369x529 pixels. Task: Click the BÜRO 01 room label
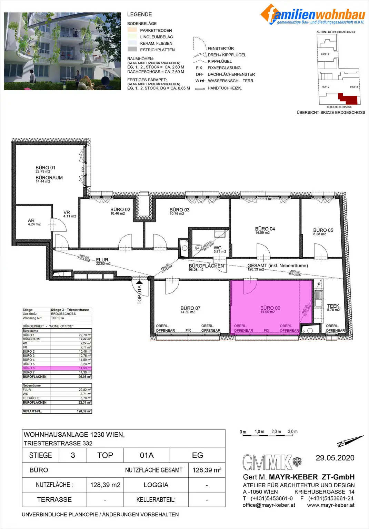pyautogui.click(x=46, y=168)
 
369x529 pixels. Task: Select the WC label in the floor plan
pyautogui.click(x=218, y=248)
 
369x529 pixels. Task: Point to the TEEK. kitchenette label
pyautogui.click(x=333, y=306)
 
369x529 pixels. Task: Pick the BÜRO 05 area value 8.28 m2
pyautogui.click(x=319, y=234)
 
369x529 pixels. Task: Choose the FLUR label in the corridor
pyautogui.click(x=102, y=260)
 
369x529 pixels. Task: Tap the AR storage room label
pyautogui.click(x=31, y=220)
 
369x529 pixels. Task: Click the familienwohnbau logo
pyautogui.click(x=312, y=15)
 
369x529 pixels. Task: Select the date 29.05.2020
pyautogui.click(x=335, y=458)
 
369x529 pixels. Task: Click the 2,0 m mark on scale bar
pyautogui.click(x=276, y=432)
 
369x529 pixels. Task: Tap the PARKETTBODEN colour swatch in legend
pyautogui.click(x=132, y=30)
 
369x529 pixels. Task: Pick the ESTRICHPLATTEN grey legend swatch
pyautogui.click(x=132, y=50)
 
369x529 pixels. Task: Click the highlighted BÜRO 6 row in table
pyautogui.click(x=57, y=368)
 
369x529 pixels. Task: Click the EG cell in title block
pyautogui.click(x=198, y=455)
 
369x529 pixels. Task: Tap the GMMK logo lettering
pyautogui.click(x=267, y=463)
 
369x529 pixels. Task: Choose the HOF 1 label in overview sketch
pyautogui.click(x=325, y=54)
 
